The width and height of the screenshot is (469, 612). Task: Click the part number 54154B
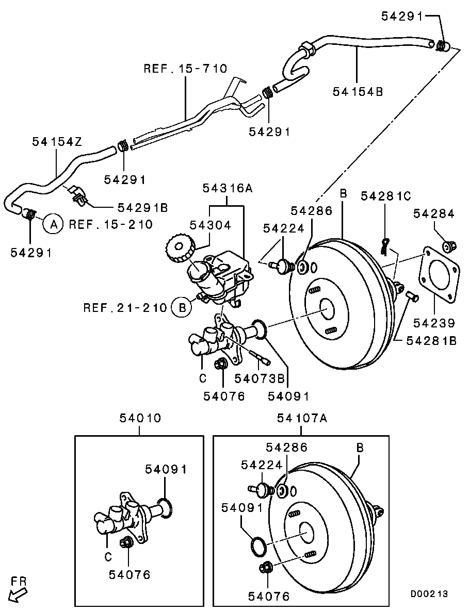pos(358,91)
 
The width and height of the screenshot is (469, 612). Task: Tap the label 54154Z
pos(57,141)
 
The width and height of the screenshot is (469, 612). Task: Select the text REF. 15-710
pos(185,69)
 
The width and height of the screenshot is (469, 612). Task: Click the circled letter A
pos(52,224)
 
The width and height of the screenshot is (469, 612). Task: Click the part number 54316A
pos(227,189)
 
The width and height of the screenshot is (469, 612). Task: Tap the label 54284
pos(433,213)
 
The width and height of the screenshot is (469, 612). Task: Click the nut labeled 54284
pos(449,246)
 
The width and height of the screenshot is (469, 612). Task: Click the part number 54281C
pos(386,196)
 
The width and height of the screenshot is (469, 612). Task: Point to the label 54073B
pos(260,378)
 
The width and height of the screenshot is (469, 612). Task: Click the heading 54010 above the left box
pos(140,418)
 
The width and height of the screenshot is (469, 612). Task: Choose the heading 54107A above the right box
pos(302,418)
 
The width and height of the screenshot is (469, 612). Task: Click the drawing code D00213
pos(429,594)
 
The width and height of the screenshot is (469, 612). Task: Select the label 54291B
pos(143,207)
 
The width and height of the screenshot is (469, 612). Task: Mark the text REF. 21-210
pos(125,308)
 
